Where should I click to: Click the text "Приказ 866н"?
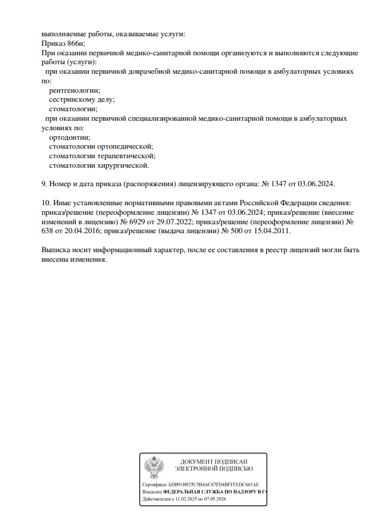point(64,43)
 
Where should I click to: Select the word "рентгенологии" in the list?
point(74,90)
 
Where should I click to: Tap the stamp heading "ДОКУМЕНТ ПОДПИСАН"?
point(214,462)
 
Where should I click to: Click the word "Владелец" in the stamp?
point(152,493)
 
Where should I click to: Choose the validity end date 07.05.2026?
point(216,500)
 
